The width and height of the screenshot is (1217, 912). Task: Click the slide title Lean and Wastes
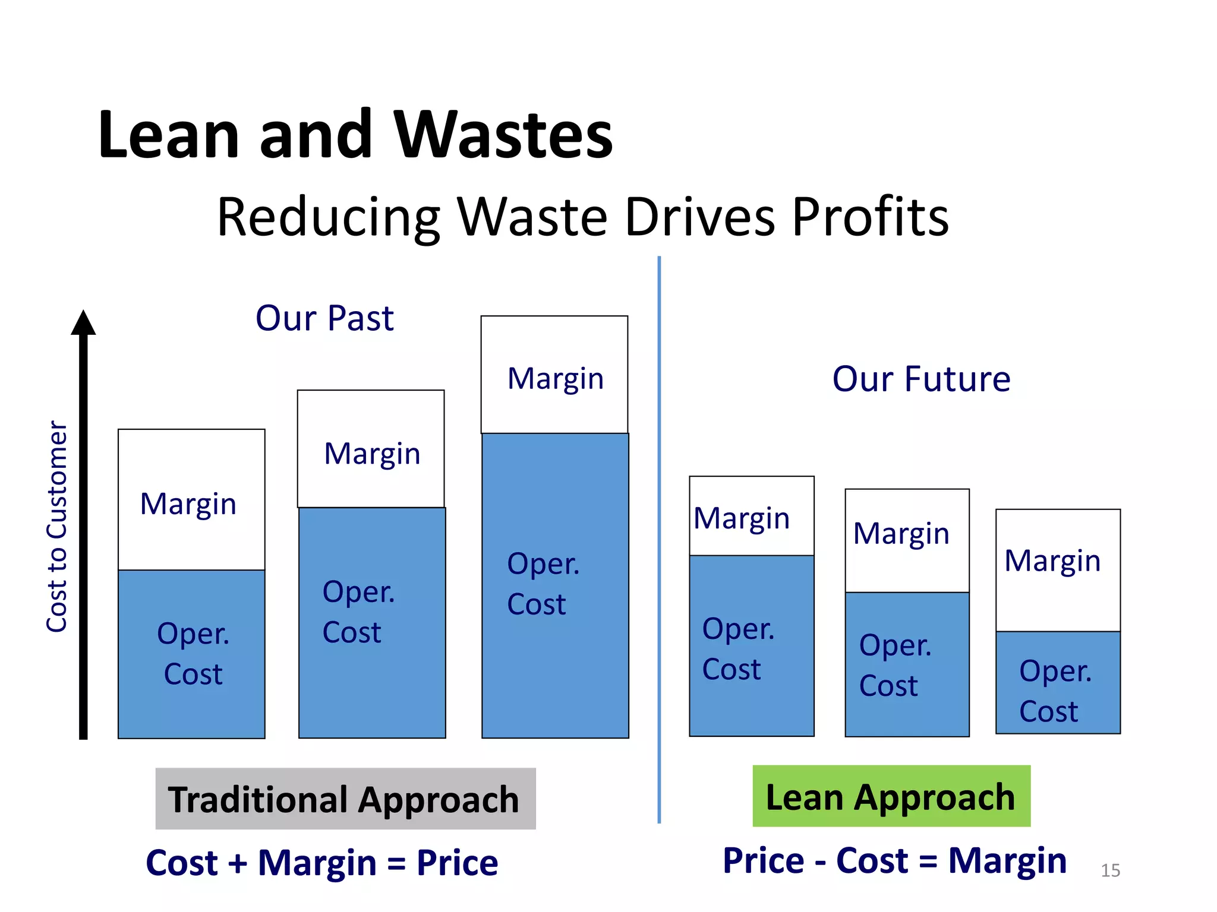coord(355,135)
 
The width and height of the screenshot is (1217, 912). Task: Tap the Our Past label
coord(324,318)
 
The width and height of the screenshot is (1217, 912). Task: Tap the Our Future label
coord(921,379)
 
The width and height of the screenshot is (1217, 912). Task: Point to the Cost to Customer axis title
coord(57,526)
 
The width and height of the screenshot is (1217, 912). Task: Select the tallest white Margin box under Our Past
coord(554,375)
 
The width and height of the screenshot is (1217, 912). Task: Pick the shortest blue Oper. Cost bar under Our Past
coord(191,654)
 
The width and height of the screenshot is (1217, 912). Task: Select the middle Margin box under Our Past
coord(371,449)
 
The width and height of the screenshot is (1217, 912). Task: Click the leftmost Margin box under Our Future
coord(752,516)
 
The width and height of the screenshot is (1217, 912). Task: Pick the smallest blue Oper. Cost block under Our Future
coord(1058,682)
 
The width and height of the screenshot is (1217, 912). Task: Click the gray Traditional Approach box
coord(345,799)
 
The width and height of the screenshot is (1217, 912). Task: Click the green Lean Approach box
coord(891,796)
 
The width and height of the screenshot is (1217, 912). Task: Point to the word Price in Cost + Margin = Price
coord(457,863)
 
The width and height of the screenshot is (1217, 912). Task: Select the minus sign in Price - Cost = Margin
coord(820,862)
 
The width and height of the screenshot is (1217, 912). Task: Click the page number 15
coord(1110,870)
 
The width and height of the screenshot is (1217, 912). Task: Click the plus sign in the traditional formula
coord(238,863)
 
